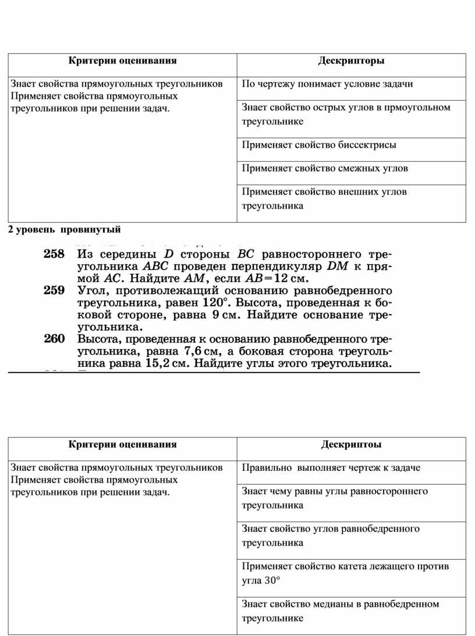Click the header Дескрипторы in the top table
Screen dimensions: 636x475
[351, 60]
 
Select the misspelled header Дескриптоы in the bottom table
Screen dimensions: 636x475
[351, 444]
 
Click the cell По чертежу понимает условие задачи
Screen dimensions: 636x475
[327, 84]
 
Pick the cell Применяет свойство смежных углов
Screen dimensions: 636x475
[325, 168]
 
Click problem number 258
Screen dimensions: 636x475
[53, 255]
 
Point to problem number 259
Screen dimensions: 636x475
[53, 290]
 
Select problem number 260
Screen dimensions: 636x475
[53, 339]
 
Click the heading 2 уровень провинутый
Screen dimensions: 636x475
[65, 230]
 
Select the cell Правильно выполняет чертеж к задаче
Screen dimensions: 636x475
[331, 467]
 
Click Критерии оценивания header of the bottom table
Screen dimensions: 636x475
[122, 444]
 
